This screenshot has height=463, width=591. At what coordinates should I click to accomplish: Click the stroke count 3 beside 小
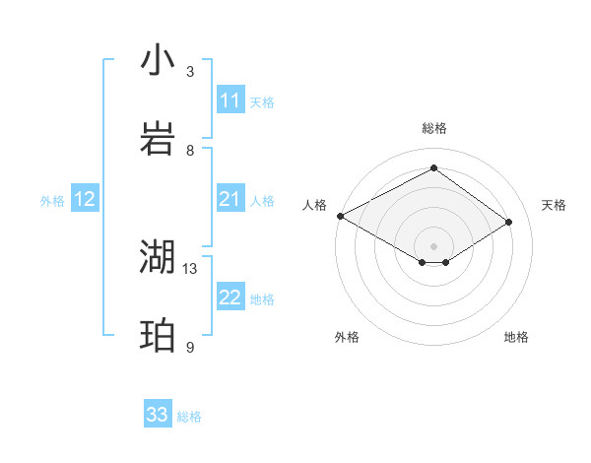tap(190, 72)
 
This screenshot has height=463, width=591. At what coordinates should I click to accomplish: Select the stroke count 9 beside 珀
tap(190, 347)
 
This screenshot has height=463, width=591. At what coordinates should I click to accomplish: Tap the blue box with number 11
tap(230, 100)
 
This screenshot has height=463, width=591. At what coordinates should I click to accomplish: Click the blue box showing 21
tap(230, 199)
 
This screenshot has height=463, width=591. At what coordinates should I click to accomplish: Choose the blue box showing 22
tap(230, 298)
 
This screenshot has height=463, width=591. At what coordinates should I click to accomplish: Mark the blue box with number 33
tap(158, 415)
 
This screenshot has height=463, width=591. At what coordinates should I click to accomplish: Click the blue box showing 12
tap(85, 199)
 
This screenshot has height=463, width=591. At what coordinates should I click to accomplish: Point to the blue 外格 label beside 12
tap(52, 200)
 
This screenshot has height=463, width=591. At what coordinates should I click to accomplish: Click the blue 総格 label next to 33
tap(189, 417)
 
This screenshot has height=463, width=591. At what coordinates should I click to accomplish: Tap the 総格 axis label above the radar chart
tap(433, 128)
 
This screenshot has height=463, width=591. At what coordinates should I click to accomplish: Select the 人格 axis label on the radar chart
tap(314, 205)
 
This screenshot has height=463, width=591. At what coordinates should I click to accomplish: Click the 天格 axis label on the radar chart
tap(554, 205)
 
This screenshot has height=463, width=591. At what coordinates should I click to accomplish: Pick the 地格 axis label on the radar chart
tap(516, 337)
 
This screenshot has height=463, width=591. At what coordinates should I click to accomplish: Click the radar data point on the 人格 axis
tap(340, 216)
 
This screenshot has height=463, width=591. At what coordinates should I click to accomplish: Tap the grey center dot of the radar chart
tap(433, 244)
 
